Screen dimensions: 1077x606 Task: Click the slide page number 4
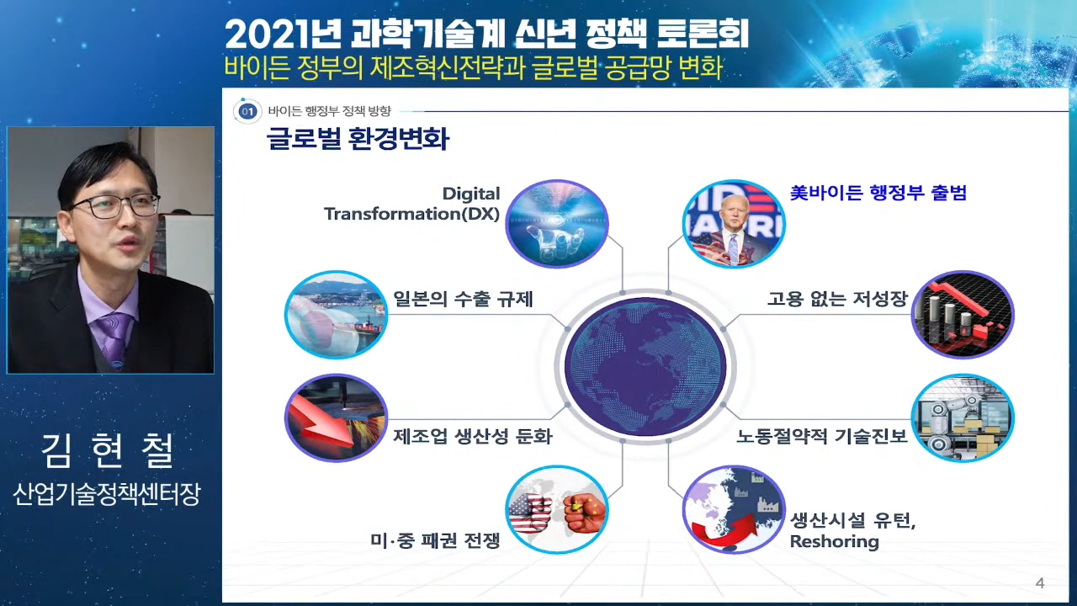(x=1039, y=583)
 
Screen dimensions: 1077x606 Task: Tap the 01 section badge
(x=247, y=112)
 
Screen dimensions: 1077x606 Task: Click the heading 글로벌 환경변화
(x=358, y=139)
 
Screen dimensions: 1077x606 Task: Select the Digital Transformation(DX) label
(x=412, y=204)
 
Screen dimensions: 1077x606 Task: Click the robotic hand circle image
(x=557, y=224)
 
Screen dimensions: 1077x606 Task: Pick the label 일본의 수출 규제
(x=463, y=299)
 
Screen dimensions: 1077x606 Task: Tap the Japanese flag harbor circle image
(x=336, y=315)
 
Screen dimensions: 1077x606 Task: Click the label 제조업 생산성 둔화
(x=473, y=436)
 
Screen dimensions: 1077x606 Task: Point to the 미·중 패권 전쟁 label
(x=435, y=540)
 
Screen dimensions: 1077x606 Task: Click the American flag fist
(x=530, y=513)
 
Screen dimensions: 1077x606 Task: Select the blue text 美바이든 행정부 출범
(x=878, y=193)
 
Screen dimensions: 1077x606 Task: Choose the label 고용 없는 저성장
(x=837, y=299)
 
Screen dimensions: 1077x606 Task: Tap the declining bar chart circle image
(x=963, y=315)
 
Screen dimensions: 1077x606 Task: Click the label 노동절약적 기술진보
(x=822, y=436)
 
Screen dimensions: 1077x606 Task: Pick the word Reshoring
(x=834, y=541)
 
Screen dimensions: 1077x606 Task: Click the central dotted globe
(x=645, y=367)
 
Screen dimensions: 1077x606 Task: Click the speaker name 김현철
(x=108, y=450)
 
